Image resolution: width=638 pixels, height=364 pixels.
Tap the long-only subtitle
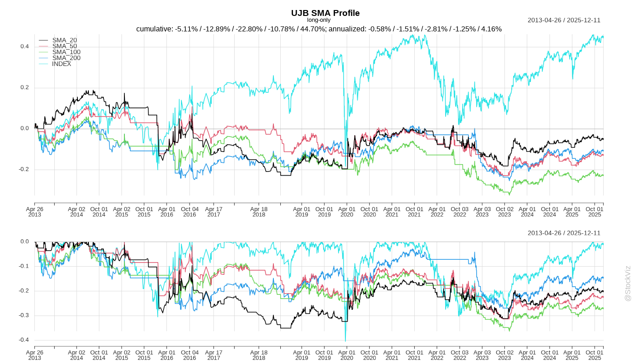(319, 20)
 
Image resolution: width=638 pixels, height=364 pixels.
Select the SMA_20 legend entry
(64, 40)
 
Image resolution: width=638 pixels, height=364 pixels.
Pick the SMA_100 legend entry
(66, 52)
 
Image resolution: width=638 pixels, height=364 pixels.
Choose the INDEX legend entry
(62, 64)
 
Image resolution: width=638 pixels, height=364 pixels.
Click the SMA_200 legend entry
(66, 58)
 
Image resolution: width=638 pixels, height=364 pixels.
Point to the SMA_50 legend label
(64, 46)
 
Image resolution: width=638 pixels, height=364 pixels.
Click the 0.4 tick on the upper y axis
(25, 46)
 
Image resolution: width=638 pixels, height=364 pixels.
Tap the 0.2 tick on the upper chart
(25, 87)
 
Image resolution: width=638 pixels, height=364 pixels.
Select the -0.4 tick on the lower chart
(24, 340)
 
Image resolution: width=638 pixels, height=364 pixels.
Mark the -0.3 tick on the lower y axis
(24, 315)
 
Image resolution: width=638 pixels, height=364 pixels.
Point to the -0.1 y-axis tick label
(24, 266)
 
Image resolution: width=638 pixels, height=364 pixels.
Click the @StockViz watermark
(628, 283)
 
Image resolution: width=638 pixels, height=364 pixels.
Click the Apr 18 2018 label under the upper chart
(259, 212)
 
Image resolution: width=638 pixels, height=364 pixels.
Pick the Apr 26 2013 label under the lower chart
(35, 355)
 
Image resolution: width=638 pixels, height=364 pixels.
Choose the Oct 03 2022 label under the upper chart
(459, 212)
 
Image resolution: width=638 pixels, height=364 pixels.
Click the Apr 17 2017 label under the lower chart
(214, 355)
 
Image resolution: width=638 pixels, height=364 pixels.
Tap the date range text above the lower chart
(564, 233)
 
